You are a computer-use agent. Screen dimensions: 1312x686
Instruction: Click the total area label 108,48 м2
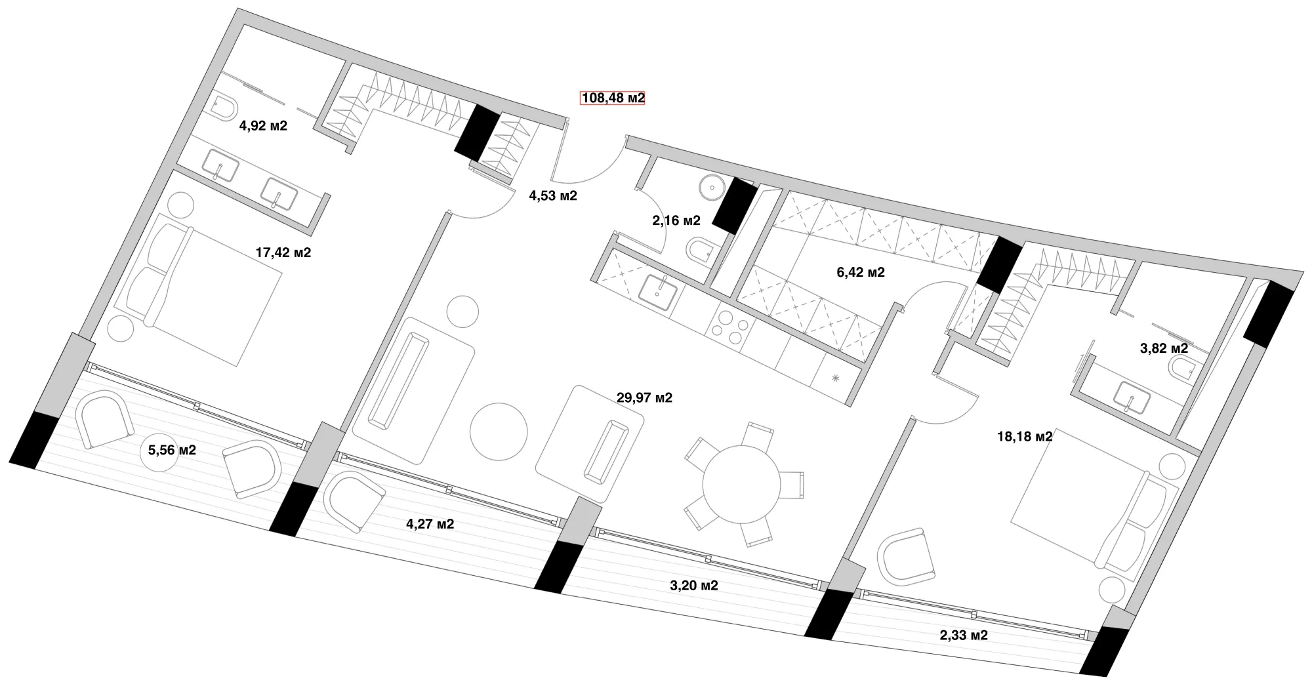(x=613, y=98)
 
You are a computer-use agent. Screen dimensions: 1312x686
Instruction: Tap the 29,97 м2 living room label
(x=644, y=397)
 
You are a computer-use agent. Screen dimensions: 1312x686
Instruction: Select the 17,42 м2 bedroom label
(x=283, y=252)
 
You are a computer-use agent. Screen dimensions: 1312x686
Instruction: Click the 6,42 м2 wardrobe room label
(x=861, y=272)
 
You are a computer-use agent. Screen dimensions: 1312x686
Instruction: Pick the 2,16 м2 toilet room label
(x=676, y=221)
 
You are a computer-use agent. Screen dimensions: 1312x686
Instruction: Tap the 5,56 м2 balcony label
(x=172, y=451)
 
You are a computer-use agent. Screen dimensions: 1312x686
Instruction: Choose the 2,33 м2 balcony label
(x=964, y=635)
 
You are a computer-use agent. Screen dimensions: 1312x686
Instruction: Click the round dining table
(x=741, y=485)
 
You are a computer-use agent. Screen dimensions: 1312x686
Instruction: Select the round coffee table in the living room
(x=499, y=432)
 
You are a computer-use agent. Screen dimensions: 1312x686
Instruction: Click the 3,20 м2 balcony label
(x=693, y=586)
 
